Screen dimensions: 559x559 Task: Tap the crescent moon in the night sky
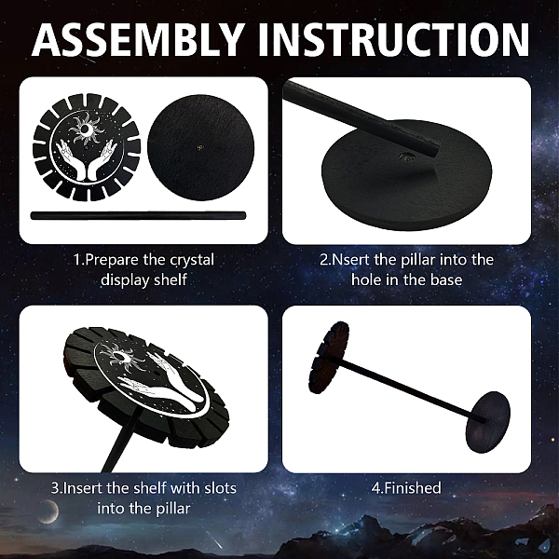click(49, 511)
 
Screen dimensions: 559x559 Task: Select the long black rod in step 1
click(138, 216)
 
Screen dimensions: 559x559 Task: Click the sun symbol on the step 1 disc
click(85, 130)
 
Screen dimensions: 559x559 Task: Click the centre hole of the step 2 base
click(405, 156)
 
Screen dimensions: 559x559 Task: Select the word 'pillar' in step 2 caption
click(418, 260)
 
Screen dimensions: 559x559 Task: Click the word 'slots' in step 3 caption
click(220, 487)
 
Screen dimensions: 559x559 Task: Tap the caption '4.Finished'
click(406, 487)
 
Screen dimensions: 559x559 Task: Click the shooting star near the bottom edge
click(214, 540)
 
